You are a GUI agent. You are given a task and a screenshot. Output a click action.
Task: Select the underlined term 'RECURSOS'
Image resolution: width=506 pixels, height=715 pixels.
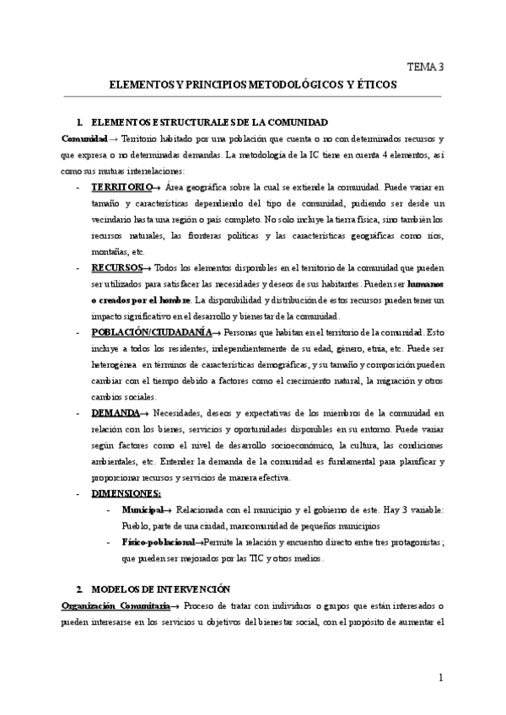pyautogui.click(x=116, y=267)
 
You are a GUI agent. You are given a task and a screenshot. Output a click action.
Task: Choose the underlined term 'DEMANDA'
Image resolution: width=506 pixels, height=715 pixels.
pyautogui.click(x=116, y=413)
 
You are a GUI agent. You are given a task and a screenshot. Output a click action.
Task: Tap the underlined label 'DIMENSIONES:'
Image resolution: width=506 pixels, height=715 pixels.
pyautogui.click(x=127, y=494)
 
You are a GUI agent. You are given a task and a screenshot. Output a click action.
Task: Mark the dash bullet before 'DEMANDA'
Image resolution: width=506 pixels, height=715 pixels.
pyautogui.click(x=78, y=413)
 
